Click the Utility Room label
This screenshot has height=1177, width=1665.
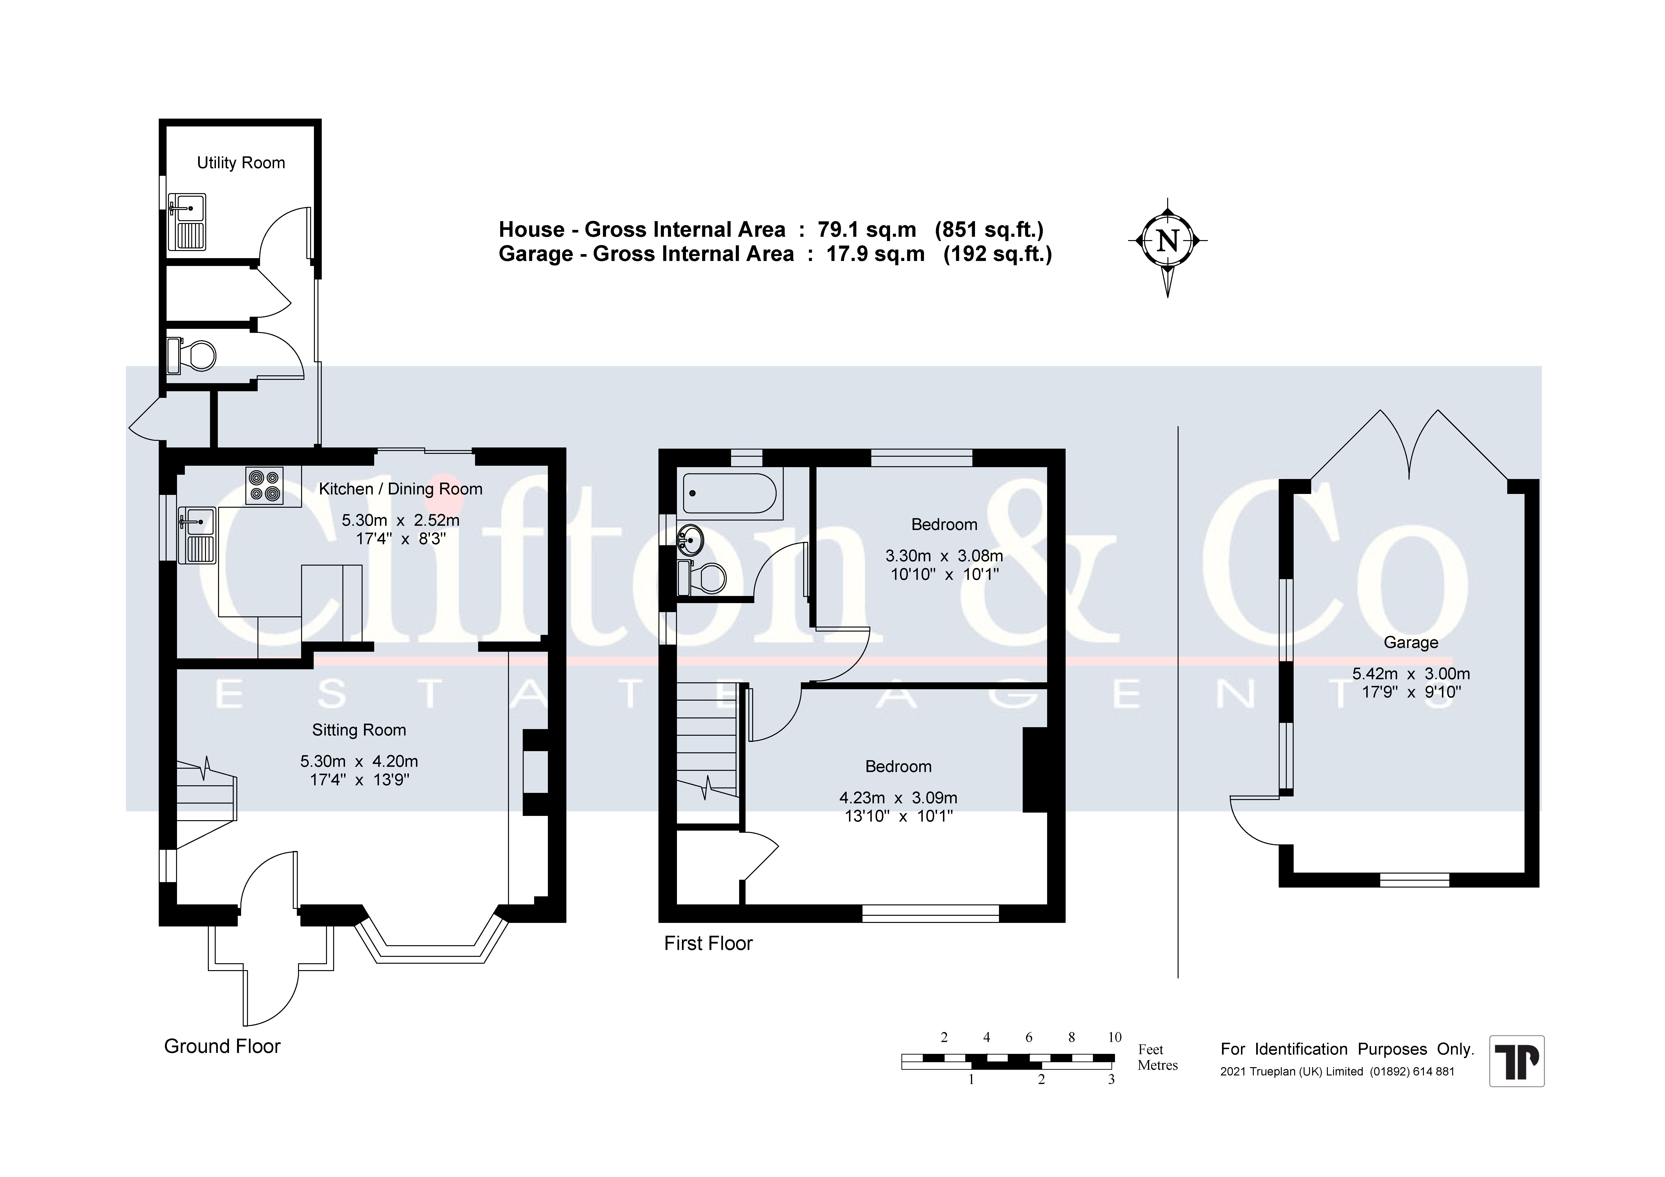point(241,163)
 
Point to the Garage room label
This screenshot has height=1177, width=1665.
point(1410,642)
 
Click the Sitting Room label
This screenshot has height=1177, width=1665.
point(359,730)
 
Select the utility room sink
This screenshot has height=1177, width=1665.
point(187,222)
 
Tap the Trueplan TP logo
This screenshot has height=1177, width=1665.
point(1517,1061)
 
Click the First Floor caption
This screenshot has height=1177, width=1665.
point(709,944)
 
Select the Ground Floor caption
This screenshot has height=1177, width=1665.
point(222,1047)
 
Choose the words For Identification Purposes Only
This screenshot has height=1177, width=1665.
point(1347,1049)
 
